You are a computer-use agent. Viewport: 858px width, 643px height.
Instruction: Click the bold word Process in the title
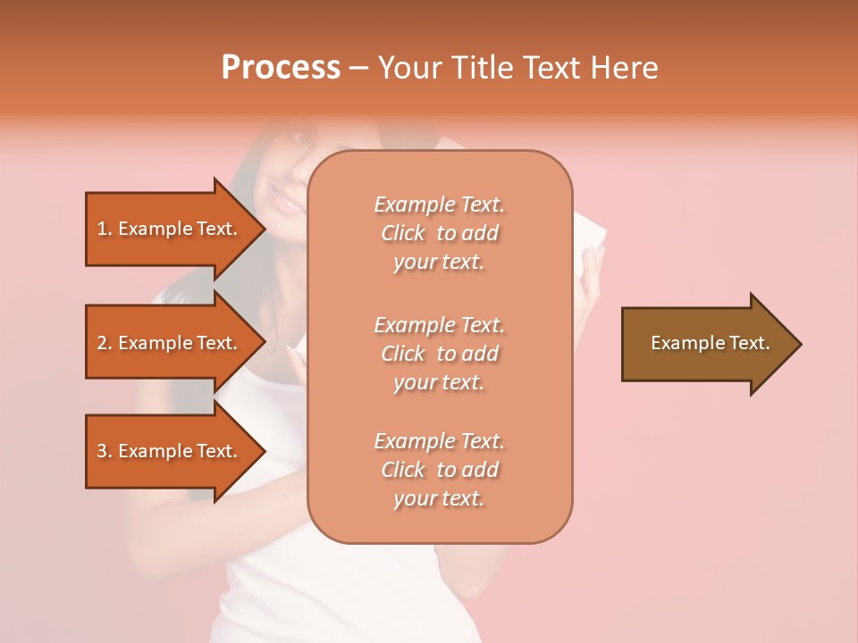point(281,68)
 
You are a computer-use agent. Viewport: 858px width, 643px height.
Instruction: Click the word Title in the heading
point(482,68)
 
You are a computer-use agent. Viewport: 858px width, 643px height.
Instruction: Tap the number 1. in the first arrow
point(105,229)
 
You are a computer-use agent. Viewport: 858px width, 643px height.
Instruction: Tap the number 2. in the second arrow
point(105,343)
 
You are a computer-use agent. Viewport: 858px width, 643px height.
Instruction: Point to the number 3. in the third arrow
point(105,451)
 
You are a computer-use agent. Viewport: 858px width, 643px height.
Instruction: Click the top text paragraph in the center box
point(439,233)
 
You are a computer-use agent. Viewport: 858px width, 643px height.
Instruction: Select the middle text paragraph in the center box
point(439,354)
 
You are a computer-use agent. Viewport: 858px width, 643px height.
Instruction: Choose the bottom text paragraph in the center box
point(439,470)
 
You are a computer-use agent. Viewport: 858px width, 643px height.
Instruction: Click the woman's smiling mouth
point(288,204)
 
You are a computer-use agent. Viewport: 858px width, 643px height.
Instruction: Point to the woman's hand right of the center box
point(590,268)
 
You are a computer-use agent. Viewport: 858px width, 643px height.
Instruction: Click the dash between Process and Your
point(358,69)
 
